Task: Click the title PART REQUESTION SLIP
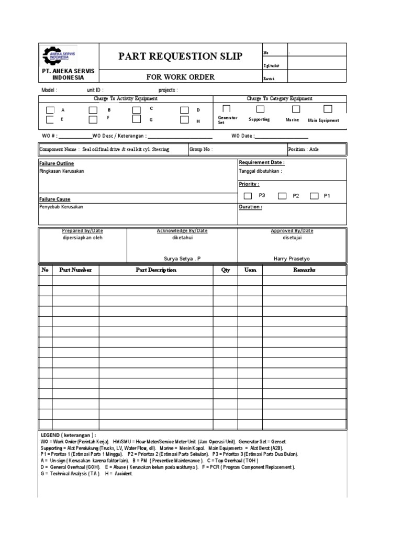click(181, 56)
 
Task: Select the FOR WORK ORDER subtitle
click(181, 77)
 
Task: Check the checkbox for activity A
click(50, 110)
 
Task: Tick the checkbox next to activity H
click(184, 120)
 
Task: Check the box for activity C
click(137, 110)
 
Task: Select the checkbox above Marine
click(296, 109)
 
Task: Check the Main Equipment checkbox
click(328, 109)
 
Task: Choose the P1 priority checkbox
click(314, 196)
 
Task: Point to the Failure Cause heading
click(55, 199)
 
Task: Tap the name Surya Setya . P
click(182, 258)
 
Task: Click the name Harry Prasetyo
click(292, 258)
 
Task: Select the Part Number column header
click(75, 270)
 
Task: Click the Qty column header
click(225, 270)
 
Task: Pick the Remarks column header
click(304, 270)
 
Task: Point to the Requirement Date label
click(262, 163)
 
